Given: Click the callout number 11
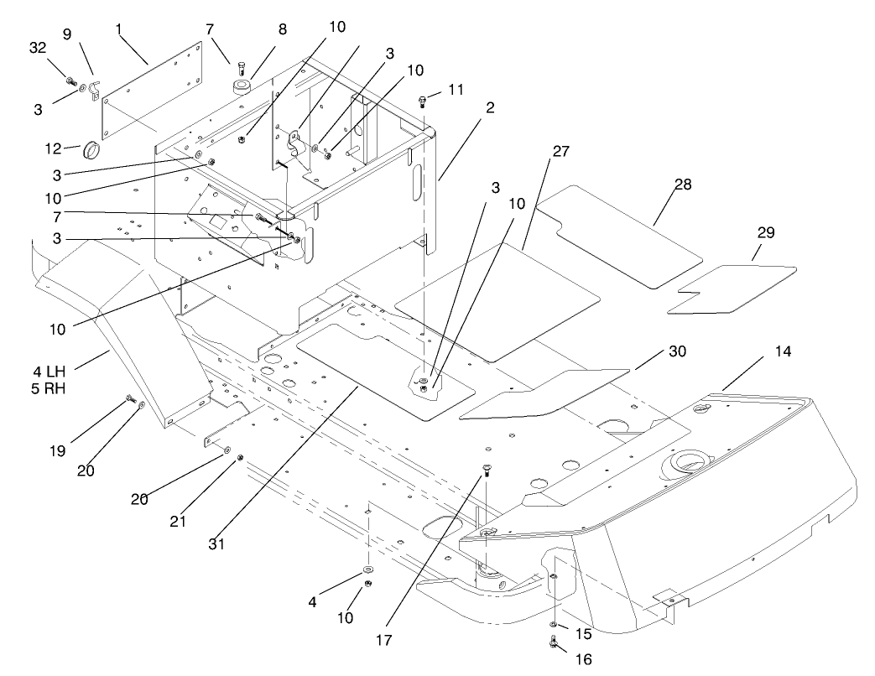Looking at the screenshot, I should click(455, 88).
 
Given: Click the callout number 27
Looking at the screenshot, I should click(560, 152).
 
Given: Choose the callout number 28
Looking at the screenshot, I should click(683, 185).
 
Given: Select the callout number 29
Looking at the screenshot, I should click(766, 231).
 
